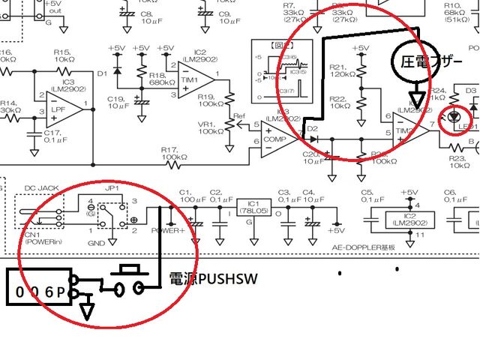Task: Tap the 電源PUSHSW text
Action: coord(213,279)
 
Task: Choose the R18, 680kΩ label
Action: coord(161,79)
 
